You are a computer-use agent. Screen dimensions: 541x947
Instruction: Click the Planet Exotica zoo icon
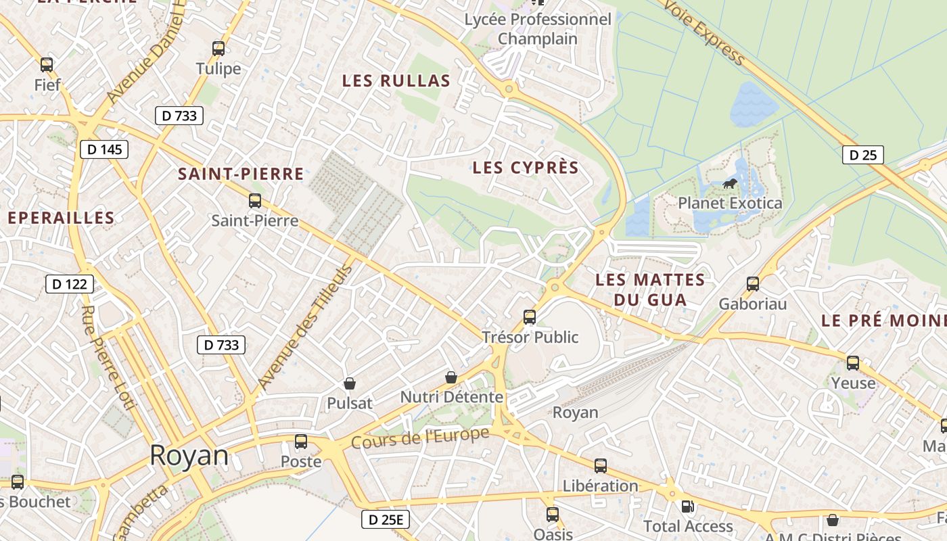(729, 183)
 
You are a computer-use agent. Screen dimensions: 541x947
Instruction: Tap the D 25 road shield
(862, 155)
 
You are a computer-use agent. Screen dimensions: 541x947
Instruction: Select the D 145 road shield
(104, 149)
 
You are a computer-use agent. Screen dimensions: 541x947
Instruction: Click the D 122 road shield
(70, 284)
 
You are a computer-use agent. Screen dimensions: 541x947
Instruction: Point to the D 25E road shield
(386, 519)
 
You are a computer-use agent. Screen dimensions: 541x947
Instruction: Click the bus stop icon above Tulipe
(218, 49)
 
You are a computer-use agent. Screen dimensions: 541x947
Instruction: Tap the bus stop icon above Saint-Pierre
(254, 201)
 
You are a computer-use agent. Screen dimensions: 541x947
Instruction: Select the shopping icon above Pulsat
(350, 383)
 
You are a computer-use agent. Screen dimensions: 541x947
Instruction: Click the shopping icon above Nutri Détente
(451, 377)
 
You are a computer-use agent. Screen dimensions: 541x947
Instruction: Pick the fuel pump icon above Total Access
(687, 506)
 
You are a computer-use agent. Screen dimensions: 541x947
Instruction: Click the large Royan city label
(189, 455)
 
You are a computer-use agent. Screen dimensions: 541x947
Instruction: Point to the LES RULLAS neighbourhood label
(396, 81)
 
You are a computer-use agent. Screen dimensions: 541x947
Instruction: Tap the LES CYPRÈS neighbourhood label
(526, 168)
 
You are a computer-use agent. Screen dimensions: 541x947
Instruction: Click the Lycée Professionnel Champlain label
(538, 29)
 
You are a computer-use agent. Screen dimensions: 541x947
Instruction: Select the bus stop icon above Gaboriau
(752, 284)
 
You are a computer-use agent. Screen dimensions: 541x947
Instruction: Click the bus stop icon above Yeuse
(852, 363)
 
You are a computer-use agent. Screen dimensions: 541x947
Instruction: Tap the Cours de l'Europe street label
(419, 438)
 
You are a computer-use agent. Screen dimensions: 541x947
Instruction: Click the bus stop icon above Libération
(600, 466)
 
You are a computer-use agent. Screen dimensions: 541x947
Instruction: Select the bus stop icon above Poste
(300, 442)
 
